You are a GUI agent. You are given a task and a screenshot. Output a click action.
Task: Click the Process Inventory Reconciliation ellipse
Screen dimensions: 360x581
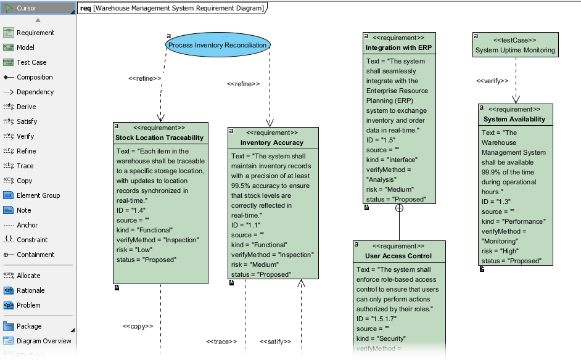(217, 45)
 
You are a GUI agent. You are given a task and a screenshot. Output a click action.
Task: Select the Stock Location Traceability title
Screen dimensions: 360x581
(159, 137)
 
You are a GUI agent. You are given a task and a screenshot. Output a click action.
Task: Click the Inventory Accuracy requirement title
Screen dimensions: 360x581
(271, 142)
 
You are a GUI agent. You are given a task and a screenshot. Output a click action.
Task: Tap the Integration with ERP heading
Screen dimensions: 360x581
(398, 47)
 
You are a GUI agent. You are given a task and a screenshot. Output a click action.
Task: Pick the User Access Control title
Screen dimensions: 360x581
(398, 256)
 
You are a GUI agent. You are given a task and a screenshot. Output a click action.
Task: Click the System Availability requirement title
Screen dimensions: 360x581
(514, 119)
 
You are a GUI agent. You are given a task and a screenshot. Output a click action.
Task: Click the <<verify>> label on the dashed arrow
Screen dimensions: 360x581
(492, 81)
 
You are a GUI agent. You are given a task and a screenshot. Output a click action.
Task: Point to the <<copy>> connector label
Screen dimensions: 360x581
(138, 326)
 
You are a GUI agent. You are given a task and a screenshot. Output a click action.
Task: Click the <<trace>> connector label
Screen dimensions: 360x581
(221, 341)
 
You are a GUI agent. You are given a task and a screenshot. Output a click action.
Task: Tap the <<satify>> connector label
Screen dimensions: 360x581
(275, 341)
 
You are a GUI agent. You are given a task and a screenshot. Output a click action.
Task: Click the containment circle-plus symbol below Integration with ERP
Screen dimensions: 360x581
(399, 208)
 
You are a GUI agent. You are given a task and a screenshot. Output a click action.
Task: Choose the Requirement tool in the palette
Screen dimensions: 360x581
(35, 33)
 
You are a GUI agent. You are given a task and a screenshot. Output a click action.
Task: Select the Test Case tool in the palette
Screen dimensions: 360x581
(31, 62)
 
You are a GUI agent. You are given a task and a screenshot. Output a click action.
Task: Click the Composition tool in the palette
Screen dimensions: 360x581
(35, 77)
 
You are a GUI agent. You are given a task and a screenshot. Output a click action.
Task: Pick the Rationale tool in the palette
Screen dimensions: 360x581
(30, 290)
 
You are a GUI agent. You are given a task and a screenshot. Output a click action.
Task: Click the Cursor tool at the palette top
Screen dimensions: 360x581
(27, 8)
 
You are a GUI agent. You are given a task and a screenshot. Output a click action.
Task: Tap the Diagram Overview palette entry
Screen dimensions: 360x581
(44, 341)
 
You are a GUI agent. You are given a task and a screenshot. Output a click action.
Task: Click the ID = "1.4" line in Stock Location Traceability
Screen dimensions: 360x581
(131, 210)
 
